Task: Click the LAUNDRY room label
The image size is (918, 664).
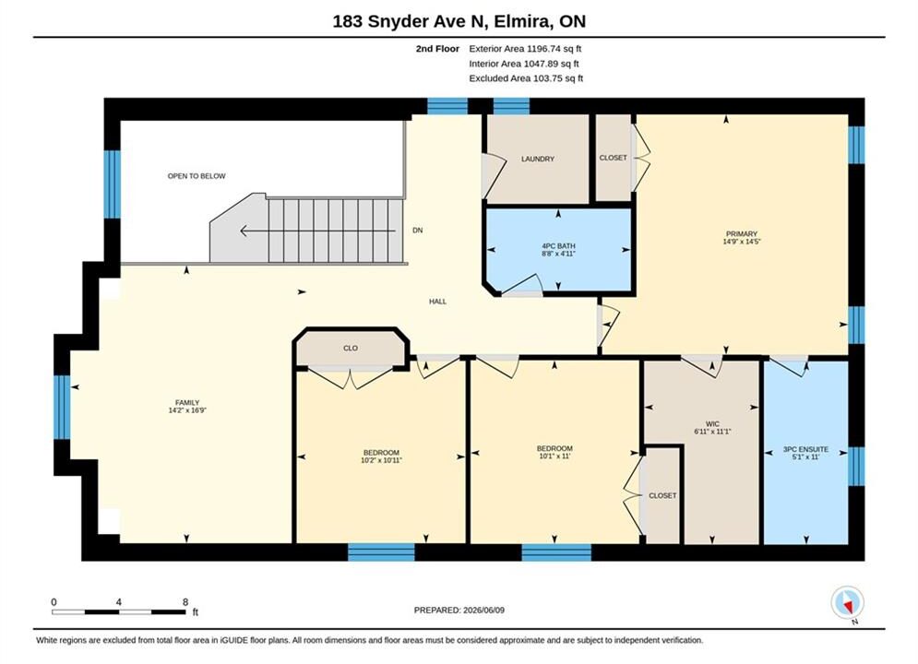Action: pos(538,159)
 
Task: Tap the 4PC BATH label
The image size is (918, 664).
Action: pos(558,246)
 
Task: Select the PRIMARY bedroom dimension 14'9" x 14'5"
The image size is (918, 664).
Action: pos(741,242)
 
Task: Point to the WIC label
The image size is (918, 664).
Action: pos(712,424)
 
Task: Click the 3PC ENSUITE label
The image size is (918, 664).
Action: pos(805,449)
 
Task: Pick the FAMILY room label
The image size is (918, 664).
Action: pos(187,402)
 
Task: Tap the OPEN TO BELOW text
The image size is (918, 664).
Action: pos(197,175)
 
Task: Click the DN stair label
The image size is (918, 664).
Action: pos(417,230)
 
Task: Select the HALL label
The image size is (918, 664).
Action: pos(437,302)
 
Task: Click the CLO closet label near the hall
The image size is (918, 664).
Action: pos(350,348)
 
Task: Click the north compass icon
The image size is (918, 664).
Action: pos(847,602)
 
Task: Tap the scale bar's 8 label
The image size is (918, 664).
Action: pos(185,602)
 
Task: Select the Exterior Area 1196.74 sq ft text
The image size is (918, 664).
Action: pos(525,49)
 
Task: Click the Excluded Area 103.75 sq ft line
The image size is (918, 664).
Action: pos(526,78)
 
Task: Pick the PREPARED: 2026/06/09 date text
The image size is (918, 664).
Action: pos(459,611)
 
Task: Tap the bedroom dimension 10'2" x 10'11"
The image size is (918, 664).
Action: pos(381,460)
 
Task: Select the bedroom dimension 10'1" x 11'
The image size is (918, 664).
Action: pos(554,456)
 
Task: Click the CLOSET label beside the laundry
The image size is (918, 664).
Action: pos(613,158)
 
